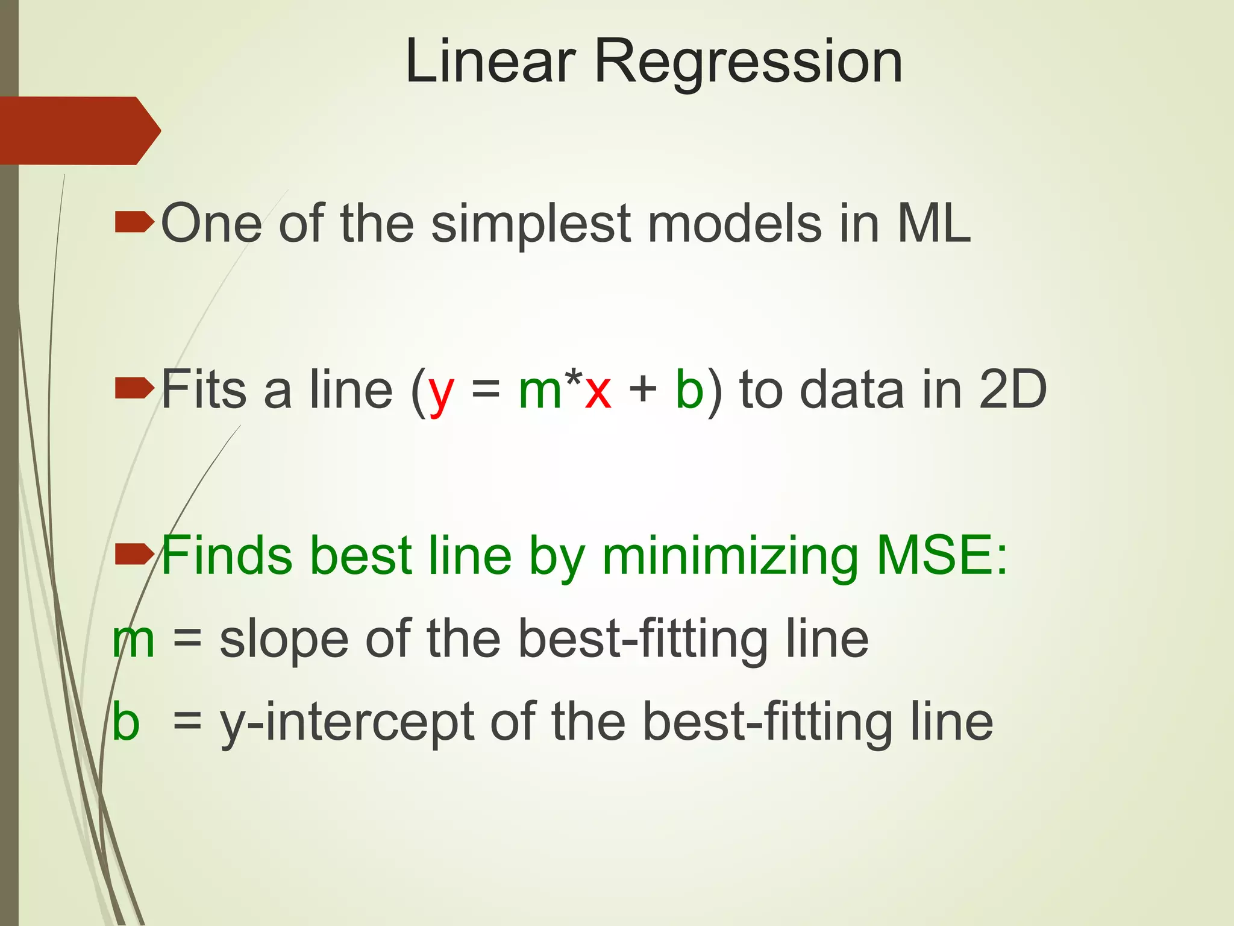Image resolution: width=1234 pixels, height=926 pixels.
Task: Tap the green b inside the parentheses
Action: point(689,389)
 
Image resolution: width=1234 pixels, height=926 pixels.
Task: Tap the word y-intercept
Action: point(346,723)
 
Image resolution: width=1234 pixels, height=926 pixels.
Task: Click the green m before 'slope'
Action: point(134,641)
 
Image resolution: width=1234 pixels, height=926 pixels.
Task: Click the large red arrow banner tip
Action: point(148,130)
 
